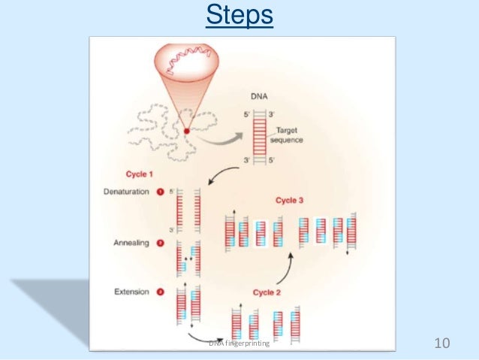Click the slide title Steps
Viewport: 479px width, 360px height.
coord(239,15)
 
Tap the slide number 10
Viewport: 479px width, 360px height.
coord(441,343)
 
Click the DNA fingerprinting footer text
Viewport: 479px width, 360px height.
coord(241,343)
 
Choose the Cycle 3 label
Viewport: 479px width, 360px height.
coord(291,200)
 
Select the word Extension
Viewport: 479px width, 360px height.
coord(131,292)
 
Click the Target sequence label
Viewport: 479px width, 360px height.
coord(286,135)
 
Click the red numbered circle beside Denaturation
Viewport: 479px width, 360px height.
coord(159,192)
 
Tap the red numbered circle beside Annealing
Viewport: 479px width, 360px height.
coord(159,243)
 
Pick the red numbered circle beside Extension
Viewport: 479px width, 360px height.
coord(159,292)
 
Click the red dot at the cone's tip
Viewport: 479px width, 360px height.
coord(186,132)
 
